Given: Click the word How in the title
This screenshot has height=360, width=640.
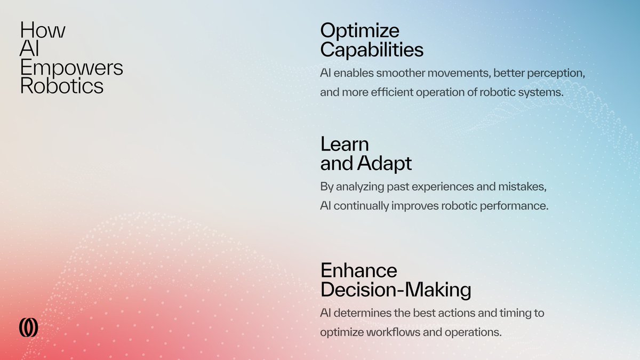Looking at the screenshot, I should click(43, 30).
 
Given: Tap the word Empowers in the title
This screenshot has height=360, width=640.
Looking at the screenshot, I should click(71, 68).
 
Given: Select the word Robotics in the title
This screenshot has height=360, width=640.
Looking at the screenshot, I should click(62, 86).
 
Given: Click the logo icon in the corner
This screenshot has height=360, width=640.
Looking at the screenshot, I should click(28, 327).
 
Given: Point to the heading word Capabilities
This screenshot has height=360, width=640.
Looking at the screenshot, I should click(372, 50).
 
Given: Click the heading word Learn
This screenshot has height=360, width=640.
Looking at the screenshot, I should click(345, 144).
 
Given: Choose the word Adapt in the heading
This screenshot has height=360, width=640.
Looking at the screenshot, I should click(386, 163).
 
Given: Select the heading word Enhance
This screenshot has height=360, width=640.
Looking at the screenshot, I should click(358, 270).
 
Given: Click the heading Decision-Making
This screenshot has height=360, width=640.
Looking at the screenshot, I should click(395, 290).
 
